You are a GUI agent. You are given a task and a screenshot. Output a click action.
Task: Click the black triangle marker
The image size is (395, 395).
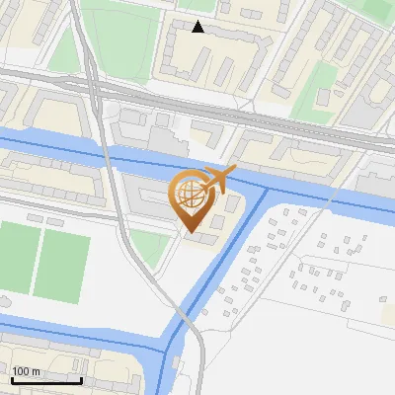point(198,27)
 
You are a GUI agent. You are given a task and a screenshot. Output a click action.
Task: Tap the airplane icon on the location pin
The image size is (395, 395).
point(220,180)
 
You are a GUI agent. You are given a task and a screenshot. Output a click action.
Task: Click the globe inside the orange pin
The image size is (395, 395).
point(187,193)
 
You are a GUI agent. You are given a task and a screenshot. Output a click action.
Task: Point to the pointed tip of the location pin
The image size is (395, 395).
point(189,231)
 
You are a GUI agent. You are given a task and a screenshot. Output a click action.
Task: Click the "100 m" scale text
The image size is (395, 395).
point(27,371)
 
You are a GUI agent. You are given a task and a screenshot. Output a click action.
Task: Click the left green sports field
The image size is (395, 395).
point(16,259)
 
